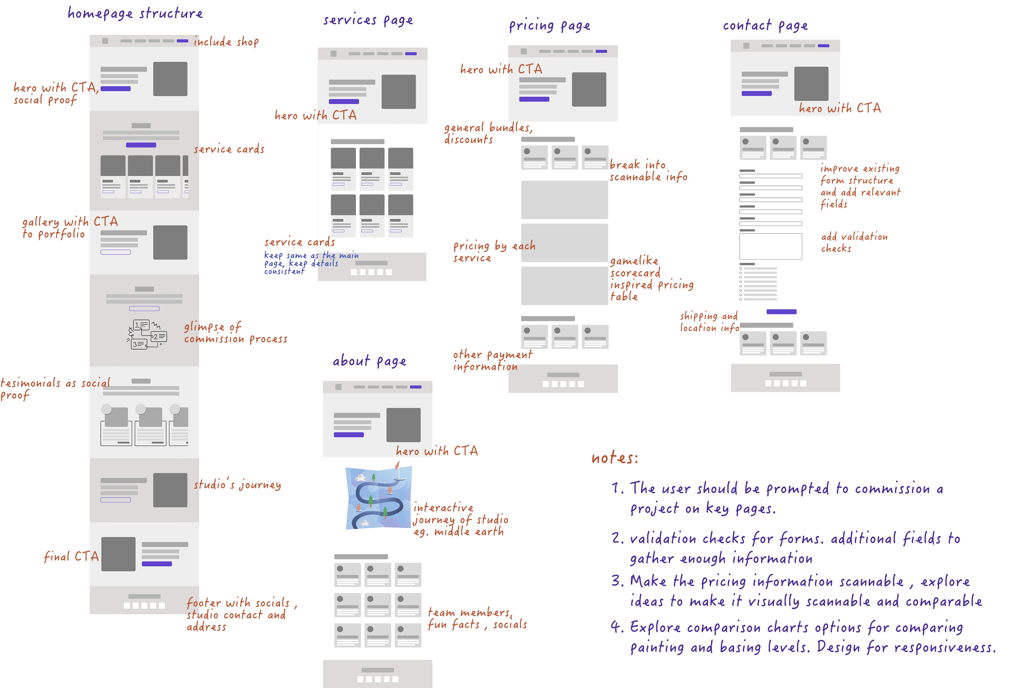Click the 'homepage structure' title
click(x=135, y=13)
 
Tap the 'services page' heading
click(x=368, y=20)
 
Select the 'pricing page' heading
click(x=549, y=26)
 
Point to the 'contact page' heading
click(x=765, y=26)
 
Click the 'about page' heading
click(x=369, y=361)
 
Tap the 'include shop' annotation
click(x=226, y=42)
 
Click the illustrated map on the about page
click(x=378, y=498)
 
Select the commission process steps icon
click(x=147, y=334)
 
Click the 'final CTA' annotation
click(x=71, y=556)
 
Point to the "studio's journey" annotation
click(x=237, y=484)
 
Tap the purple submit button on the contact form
click(x=781, y=311)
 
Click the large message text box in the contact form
click(x=770, y=246)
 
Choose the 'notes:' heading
click(x=614, y=458)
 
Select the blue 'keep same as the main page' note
click(x=311, y=263)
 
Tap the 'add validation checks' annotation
click(x=854, y=242)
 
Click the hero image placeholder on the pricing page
click(x=588, y=90)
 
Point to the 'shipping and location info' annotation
click(x=709, y=322)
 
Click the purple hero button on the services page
click(x=344, y=102)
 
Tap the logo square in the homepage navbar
click(x=105, y=41)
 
